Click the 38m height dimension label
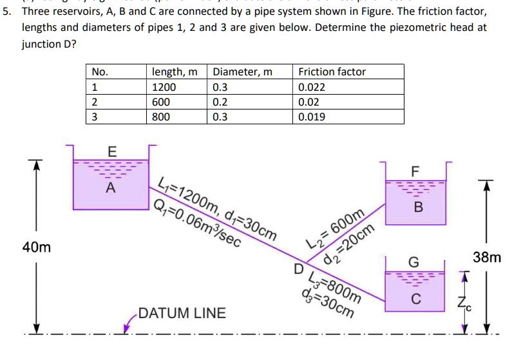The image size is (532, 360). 487,258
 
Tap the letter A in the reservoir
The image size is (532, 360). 111,189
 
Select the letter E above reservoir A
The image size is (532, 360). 111,152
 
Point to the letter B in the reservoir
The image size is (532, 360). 419,207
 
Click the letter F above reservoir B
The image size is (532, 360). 415,171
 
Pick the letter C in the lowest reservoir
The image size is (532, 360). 416,299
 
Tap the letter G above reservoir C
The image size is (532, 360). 414,263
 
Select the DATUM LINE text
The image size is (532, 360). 182,314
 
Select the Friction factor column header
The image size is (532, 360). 332,71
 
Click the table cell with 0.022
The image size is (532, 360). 312,87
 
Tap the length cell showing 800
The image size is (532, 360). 161,117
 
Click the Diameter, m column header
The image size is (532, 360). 242,71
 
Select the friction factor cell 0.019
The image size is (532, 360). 312,117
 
